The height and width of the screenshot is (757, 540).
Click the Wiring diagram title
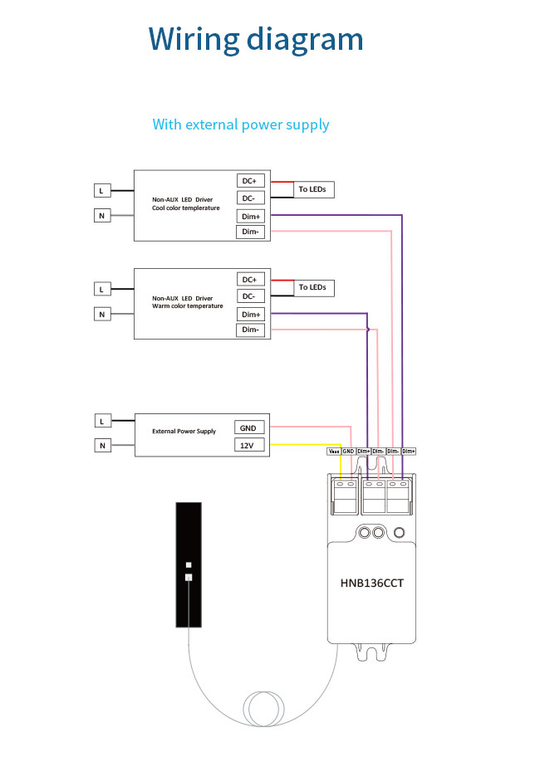[x=256, y=40]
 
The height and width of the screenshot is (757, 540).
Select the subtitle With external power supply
[x=241, y=125]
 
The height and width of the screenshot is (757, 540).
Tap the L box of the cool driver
[x=101, y=191]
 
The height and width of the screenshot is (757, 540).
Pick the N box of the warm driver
[x=101, y=315]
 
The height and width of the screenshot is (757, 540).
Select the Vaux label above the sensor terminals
[x=333, y=451]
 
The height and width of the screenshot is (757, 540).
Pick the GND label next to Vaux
[x=349, y=451]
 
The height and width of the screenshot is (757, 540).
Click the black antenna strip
[x=189, y=564]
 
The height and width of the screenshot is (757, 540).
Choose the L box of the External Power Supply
[x=101, y=422]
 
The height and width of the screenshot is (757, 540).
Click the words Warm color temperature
[x=188, y=306]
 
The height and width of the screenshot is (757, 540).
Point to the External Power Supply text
[x=184, y=432]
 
